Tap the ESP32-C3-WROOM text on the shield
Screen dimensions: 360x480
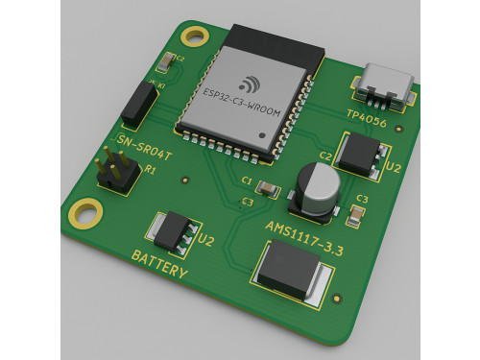[x=242, y=102]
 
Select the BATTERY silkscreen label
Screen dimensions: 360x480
[x=159, y=266]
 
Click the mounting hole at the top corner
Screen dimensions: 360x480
[x=196, y=36]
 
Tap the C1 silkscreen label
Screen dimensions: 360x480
[x=247, y=180]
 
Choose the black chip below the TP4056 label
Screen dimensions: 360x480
[x=361, y=153]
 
